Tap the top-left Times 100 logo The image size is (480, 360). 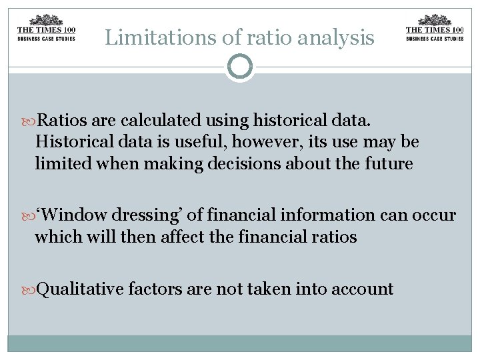[x=46, y=29]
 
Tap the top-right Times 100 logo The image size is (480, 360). [x=434, y=29]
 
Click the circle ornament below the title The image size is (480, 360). [x=240, y=67]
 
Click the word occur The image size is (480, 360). [x=433, y=215]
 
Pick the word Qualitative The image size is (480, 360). [x=79, y=289]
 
